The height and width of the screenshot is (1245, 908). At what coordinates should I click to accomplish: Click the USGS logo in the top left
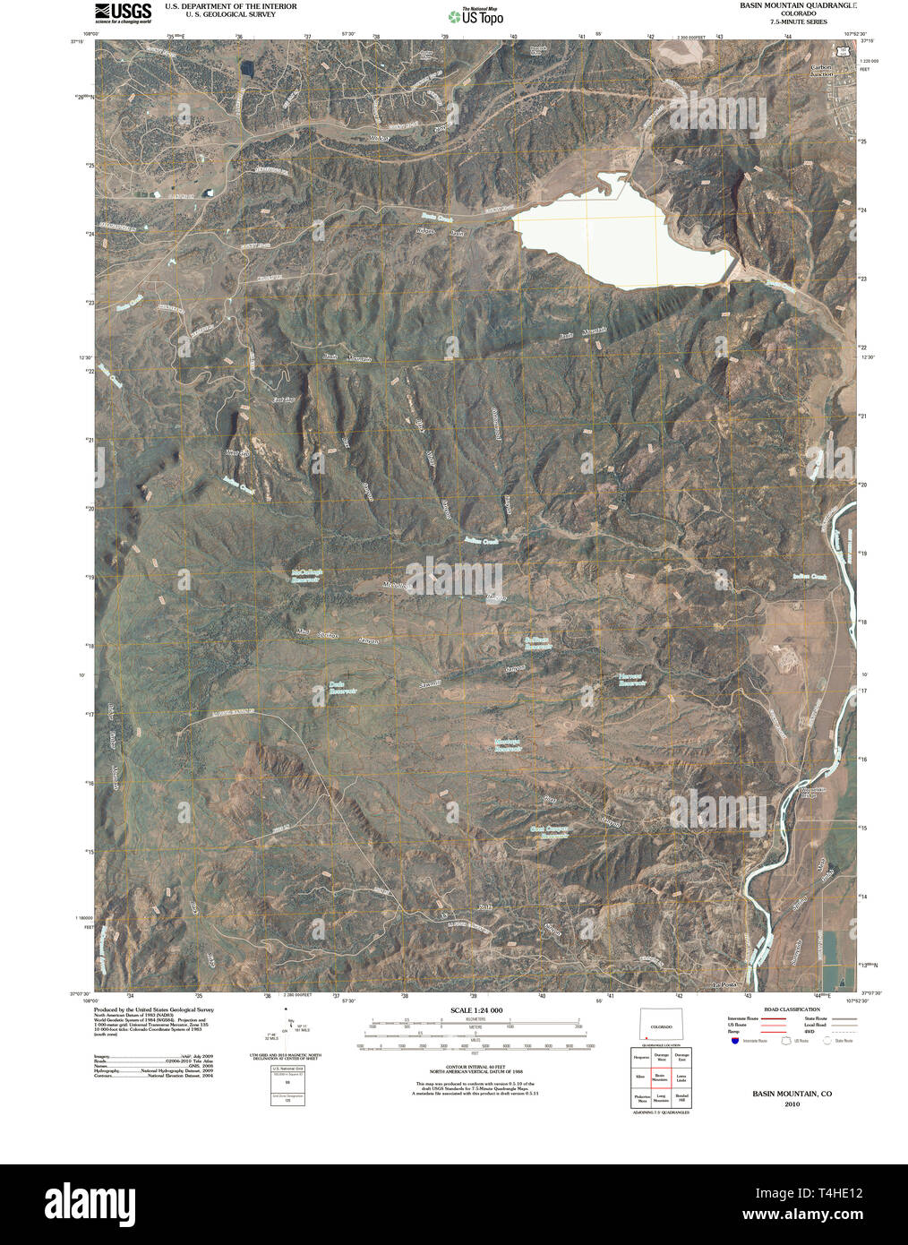[123, 12]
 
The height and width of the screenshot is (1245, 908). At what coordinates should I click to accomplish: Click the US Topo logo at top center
[475, 15]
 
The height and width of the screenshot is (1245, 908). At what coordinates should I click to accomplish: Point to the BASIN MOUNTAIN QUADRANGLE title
[797, 5]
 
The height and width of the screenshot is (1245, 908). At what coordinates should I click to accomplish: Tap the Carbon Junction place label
[821, 71]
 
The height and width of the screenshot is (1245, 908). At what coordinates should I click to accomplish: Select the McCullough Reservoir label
[306, 576]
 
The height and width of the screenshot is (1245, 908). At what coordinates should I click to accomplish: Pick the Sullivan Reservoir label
[537, 642]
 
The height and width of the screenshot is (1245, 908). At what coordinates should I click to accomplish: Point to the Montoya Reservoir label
[508, 744]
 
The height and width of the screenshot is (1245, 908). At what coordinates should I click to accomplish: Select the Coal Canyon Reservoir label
[550, 833]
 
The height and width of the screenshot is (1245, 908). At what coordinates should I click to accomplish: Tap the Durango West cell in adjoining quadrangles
[661, 1059]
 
